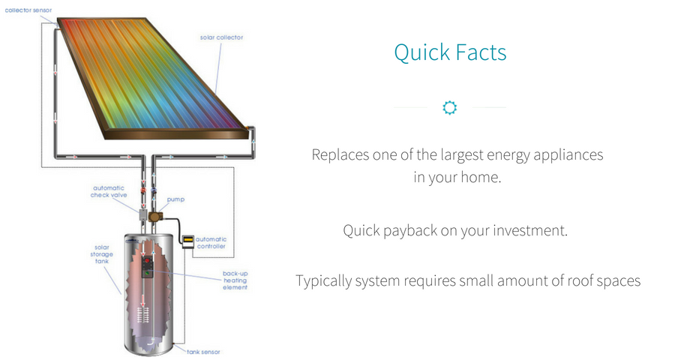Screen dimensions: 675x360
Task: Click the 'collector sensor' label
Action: click(x=28, y=10)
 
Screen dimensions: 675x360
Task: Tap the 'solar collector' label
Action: click(x=221, y=37)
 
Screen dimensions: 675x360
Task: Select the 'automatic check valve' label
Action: click(x=109, y=192)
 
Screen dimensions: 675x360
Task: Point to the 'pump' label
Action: click(x=175, y=199)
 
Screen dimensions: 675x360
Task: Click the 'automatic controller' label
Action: click(x=211, y=242)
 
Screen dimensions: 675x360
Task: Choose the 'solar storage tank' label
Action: click(x=101, y=254)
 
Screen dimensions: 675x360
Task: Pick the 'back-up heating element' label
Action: click(x=235, y=280)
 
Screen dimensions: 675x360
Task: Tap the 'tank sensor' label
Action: click(x=203, y=352)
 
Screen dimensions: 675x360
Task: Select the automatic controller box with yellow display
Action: click(x=187, y=241)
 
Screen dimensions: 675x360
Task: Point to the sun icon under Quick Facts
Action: click(x=450, y=108)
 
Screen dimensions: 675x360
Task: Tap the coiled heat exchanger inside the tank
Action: click(x=143, y=315)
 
